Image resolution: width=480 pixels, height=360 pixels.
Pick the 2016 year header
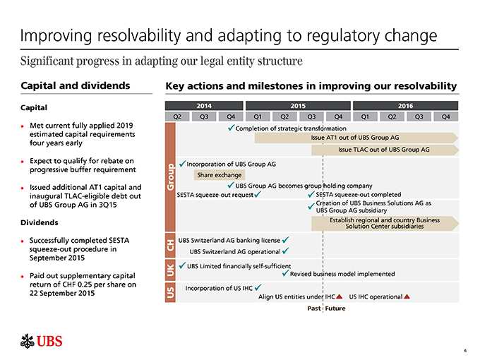(405, 105)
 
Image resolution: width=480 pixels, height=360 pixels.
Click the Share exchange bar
(220, 175)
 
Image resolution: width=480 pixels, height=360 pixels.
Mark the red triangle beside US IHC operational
(407, 296)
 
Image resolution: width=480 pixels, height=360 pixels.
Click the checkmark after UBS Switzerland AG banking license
(284, 239)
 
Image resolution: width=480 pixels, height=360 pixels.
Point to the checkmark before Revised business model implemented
(284, 273)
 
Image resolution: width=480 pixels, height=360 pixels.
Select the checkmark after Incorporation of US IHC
(258, 287)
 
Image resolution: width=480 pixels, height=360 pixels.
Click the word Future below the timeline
(335, 308)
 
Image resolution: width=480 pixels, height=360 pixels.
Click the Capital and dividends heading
(67, 86)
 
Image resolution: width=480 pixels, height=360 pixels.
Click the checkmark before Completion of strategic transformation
(232, 127)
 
